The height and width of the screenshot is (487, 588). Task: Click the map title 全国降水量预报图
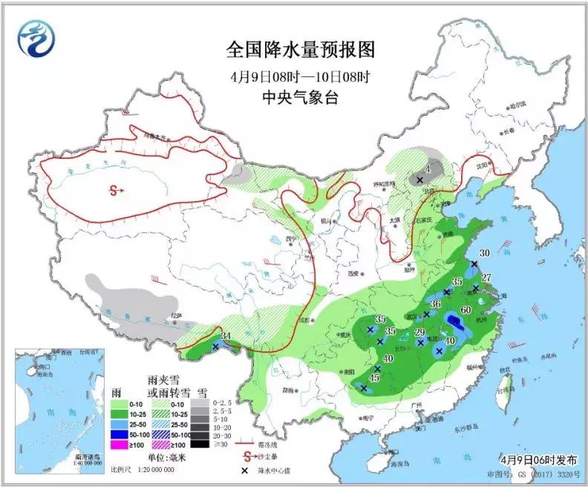(301, 50)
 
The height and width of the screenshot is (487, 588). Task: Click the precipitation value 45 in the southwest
(374, 378)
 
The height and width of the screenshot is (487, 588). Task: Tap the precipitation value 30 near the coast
(484, 253)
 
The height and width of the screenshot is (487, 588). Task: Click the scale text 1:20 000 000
(152, 469)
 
